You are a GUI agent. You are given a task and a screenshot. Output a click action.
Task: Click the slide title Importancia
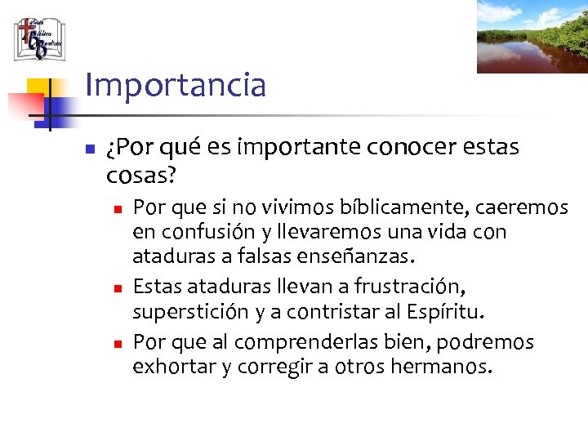pyautogui.click(x=175, y=85)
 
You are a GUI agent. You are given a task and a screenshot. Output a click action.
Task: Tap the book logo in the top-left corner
pyautogui.click(x=39, y=38)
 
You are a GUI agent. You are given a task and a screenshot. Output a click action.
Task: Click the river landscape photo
pyautogui.click(x=532, y=37)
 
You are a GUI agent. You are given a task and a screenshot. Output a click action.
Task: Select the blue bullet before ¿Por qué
pyautogui.click(x=91, y=150)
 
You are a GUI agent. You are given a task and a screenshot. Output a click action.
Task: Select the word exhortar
pyautogui.click(x=174, y=367)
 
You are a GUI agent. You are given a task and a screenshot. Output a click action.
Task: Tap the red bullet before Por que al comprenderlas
pyautogui.click(x=118, y=342)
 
